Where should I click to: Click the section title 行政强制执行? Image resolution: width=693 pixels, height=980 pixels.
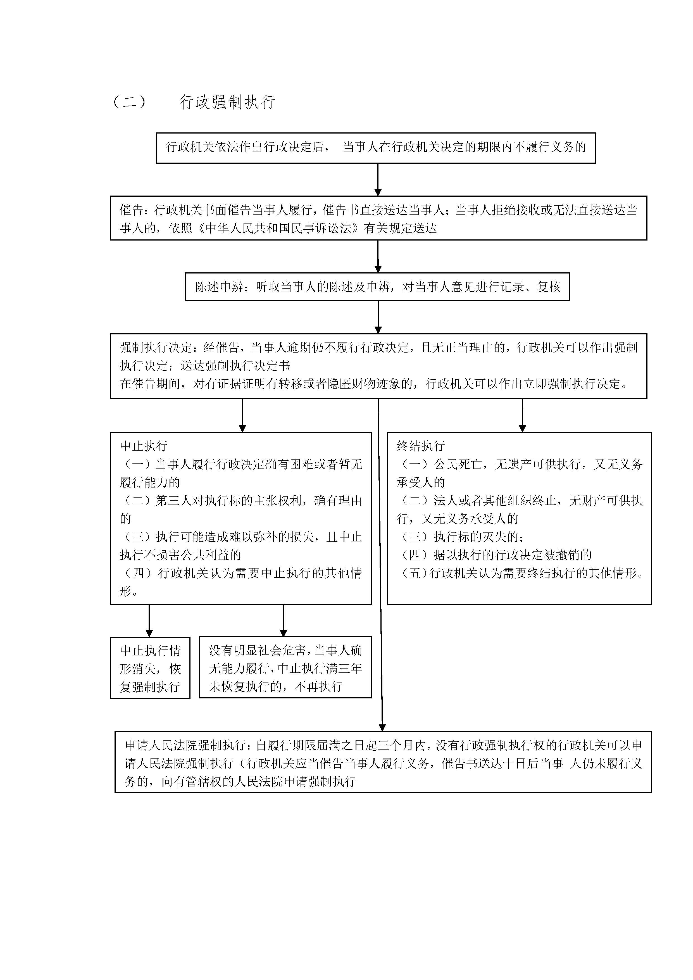pyautogui.click(x=227, y=103)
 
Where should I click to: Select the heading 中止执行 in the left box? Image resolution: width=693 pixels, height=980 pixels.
pyautogui.click(x=144, y=446)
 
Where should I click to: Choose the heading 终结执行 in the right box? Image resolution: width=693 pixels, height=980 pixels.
pyautogui.click(x=421, y=446)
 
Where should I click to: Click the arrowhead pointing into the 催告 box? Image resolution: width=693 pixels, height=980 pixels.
pyautogui.click(x=378, y=192)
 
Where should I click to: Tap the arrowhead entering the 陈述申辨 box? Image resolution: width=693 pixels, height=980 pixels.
pyautogui.click(x=378, y=269)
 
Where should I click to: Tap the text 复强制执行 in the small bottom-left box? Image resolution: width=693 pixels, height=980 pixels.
pyautogui.click(x=150, y=687)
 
